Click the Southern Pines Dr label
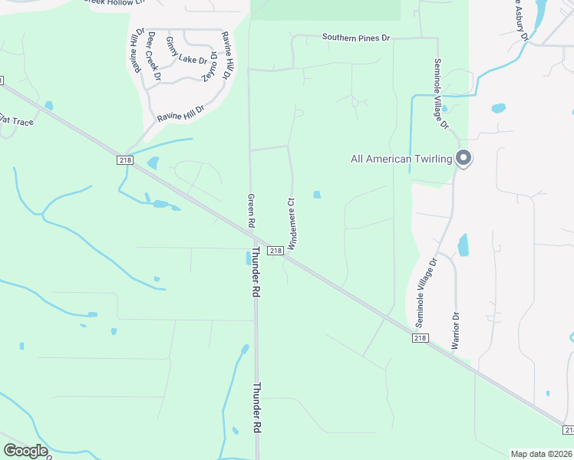356,37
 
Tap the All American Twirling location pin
463,158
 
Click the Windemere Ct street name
292,223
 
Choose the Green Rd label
250,210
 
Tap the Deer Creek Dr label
153,56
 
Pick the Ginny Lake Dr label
186,51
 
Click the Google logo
25,451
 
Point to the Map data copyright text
542,454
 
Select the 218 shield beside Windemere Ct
275,251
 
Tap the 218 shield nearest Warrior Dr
419,338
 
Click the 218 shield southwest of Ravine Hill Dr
125,159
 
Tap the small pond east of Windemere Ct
316,195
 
